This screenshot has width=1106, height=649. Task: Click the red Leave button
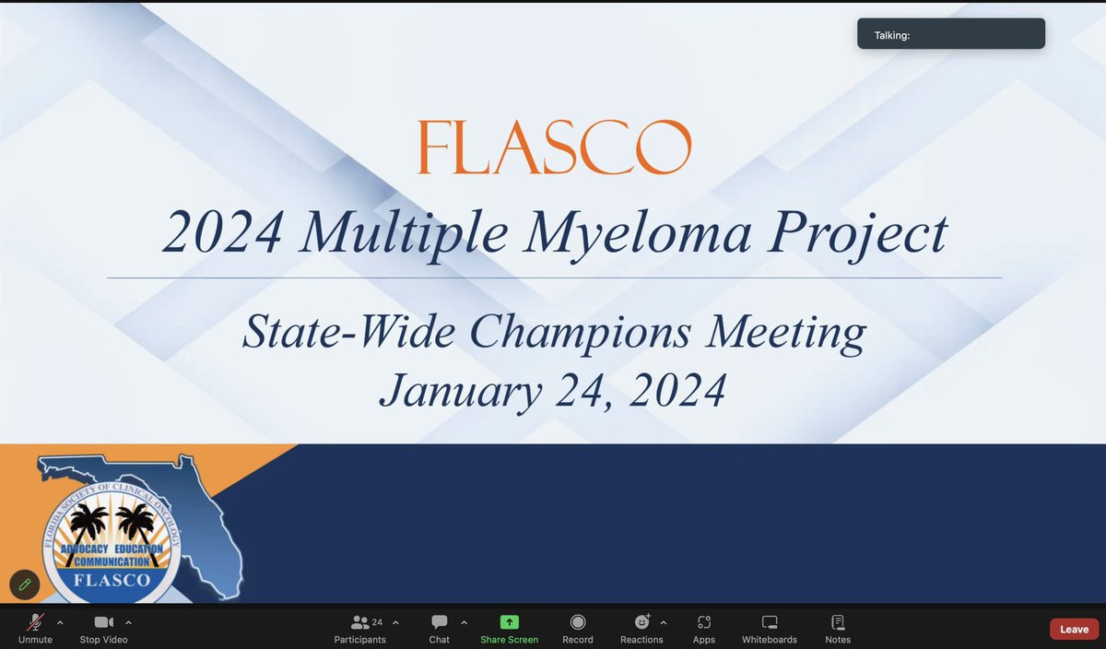[x=1074, y=629]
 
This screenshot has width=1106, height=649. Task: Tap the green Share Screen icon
[x=510, y=622]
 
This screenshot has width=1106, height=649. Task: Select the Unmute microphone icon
[x=35, y=622]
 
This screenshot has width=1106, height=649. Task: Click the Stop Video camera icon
[x=103, y=622]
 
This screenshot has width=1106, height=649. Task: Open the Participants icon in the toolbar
[x=360, y=622]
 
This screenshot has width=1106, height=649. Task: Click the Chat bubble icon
[x=440, y=622]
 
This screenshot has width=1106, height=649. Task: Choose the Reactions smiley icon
[x=641, y=622]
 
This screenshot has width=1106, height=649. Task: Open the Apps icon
[x=704, y=622]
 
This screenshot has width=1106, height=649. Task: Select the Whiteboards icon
[x=770, y=622]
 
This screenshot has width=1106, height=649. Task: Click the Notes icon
[x=838, y=622]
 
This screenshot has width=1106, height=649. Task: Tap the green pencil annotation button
[x=24, y=584]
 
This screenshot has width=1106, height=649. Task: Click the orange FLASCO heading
[x=554, y=147]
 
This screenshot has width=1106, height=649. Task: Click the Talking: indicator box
[x=950, y=34]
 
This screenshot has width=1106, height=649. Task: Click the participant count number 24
[x=377, y=622]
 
